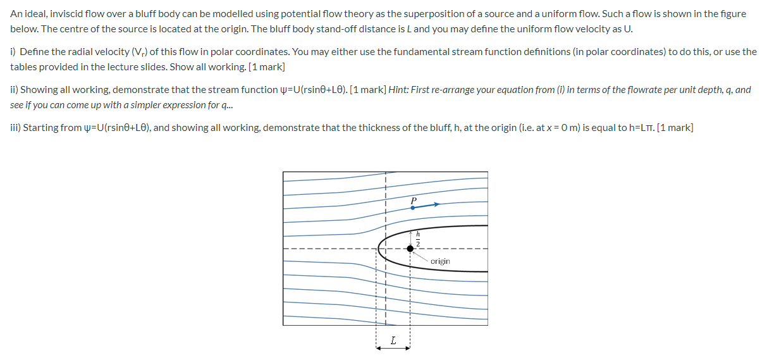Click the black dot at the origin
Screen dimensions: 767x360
(x=410, y=249)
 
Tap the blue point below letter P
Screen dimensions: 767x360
(x=413, y=208)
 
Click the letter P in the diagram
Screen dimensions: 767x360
(x=414, y=200)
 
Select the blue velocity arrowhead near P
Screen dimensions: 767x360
(x=436, y=204)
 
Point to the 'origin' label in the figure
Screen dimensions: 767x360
(x=440, y=261)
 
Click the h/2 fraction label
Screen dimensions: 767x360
(x=418, y=239)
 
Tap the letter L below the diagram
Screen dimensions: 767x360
(x=393, y=340)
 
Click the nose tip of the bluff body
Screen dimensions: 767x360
(x=377, y=248)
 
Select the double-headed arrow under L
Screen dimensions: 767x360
(x=393, y=349)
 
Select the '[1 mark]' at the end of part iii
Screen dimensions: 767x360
(x=675, y=128)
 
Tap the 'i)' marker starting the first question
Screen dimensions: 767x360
(x=13, y=52)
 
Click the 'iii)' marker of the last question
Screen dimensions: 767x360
(x=16, y=128)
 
